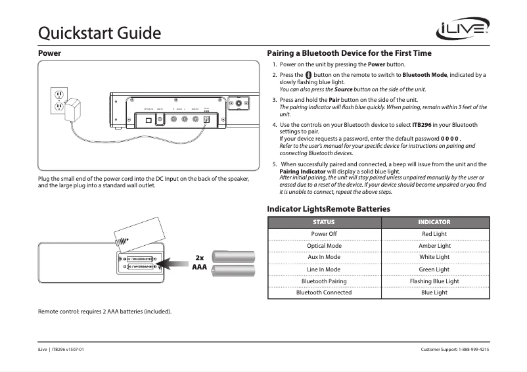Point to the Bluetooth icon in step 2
tap(308, 76)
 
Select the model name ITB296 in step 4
tap(421, 124)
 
